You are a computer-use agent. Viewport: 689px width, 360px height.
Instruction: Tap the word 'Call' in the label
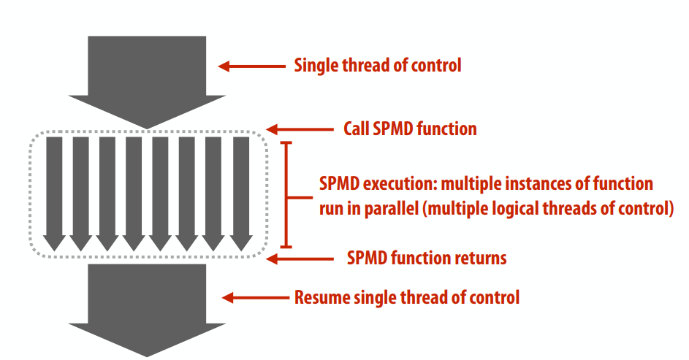pyautogui.click(x=356, y=129)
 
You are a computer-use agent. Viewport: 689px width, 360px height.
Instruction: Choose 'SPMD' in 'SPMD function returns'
pyautogui.click(x=368, y=258)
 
